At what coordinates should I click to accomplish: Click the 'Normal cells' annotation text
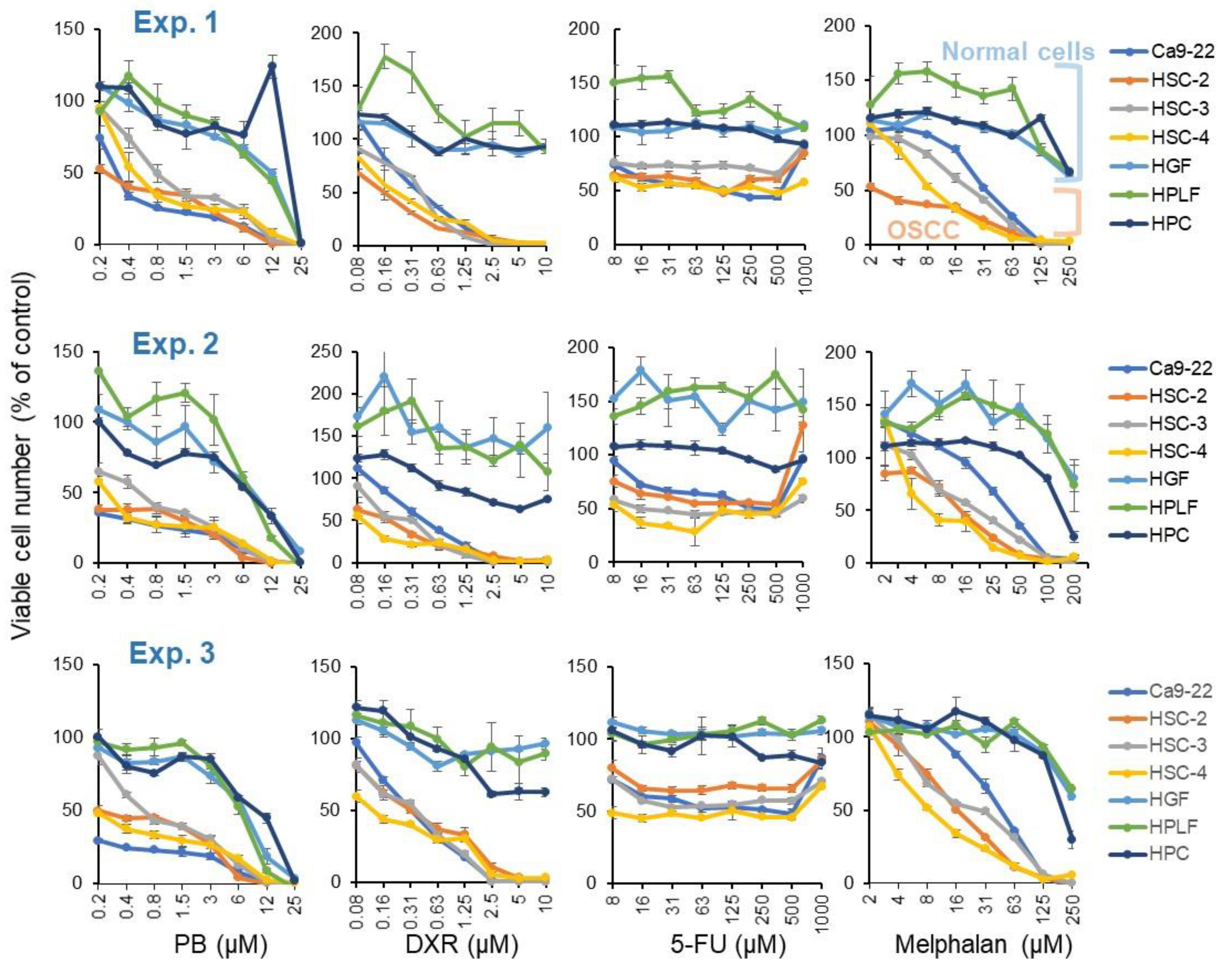click(1018, 52)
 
